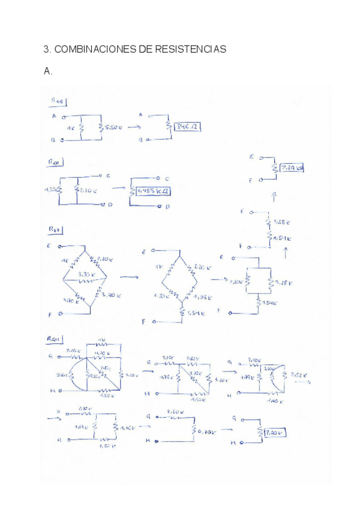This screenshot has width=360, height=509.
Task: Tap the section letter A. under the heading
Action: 48,71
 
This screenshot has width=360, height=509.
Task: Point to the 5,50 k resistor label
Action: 112,127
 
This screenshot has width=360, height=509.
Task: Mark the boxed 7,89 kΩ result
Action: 292,169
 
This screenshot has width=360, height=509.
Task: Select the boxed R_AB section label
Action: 59,100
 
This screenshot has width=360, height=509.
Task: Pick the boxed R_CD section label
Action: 59,161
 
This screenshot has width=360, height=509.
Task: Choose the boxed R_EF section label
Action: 58,229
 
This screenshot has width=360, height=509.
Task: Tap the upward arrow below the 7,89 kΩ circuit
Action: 274,196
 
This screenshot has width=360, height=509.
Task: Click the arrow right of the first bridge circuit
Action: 128,277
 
